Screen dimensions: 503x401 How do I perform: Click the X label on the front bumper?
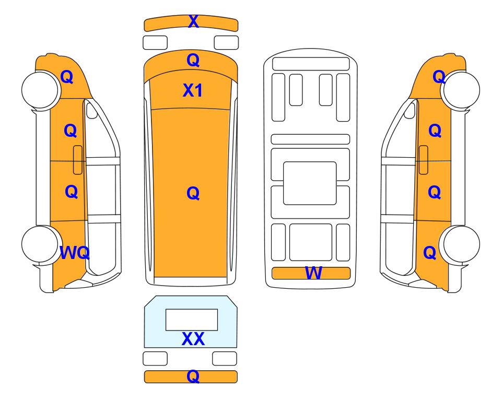click(x=193, y=21)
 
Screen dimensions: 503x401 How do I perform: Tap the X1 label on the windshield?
click(x=192, y=90)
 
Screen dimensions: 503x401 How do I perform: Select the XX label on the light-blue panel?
click(x=193, y=339)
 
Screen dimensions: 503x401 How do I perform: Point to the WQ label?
click(x=75, y=253)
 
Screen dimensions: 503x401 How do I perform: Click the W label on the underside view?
click(x=313, y=273)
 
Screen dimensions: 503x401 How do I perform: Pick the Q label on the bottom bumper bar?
click(x=193, y=376)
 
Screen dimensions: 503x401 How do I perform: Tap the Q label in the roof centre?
click(x=193, y=193)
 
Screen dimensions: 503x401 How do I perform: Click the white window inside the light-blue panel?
click(x=192, y=320)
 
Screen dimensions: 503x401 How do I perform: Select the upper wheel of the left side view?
click(x=41, y=89)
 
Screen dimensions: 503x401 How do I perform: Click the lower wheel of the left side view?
click(x=41, y=244)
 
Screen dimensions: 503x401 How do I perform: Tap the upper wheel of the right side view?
click(x=461, y=90)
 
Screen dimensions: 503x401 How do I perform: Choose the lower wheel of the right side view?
click(x=461, y=244)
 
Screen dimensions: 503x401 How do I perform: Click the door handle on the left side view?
click(x=78, y=160)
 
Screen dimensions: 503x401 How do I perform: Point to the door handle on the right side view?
click(x=424, y=160)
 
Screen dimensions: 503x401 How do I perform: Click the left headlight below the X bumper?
click(x=155, y=43)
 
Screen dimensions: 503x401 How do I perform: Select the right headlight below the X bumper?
click(x=226, y=43)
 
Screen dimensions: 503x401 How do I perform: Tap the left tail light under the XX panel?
click(x=155, y=358)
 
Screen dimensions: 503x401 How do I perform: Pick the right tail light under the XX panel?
click(x=225, y=358)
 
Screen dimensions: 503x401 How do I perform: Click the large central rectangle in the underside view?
click(x=310, y=183)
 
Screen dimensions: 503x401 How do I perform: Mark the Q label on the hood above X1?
click(x=193, y=60)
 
